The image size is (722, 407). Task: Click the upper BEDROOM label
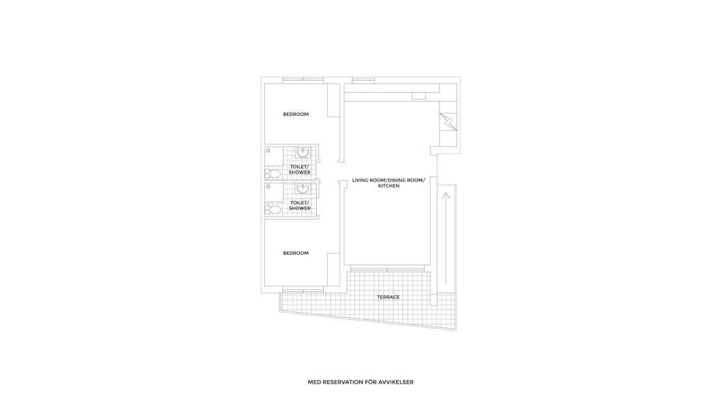295,114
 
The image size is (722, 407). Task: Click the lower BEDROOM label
295,253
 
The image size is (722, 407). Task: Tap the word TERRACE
388,297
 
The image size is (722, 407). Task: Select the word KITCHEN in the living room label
388,186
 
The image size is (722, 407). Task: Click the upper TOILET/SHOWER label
300,169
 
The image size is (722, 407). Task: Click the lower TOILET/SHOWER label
300,205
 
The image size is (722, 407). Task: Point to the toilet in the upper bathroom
274,174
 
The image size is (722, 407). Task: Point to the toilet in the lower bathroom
274,209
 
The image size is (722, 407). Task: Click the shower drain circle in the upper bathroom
268,150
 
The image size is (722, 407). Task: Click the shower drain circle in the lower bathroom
268,187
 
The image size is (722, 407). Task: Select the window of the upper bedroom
303,80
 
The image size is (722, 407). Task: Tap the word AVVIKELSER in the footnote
397,382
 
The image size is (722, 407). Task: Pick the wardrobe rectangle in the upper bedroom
334,99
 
